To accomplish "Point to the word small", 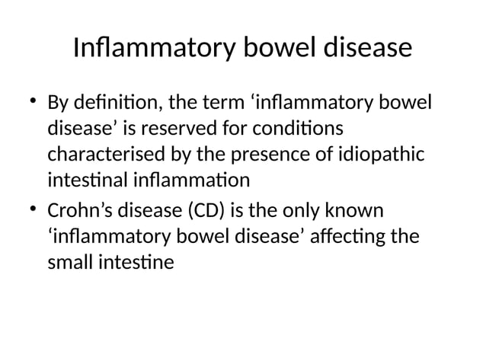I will click(x=71, y=263).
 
